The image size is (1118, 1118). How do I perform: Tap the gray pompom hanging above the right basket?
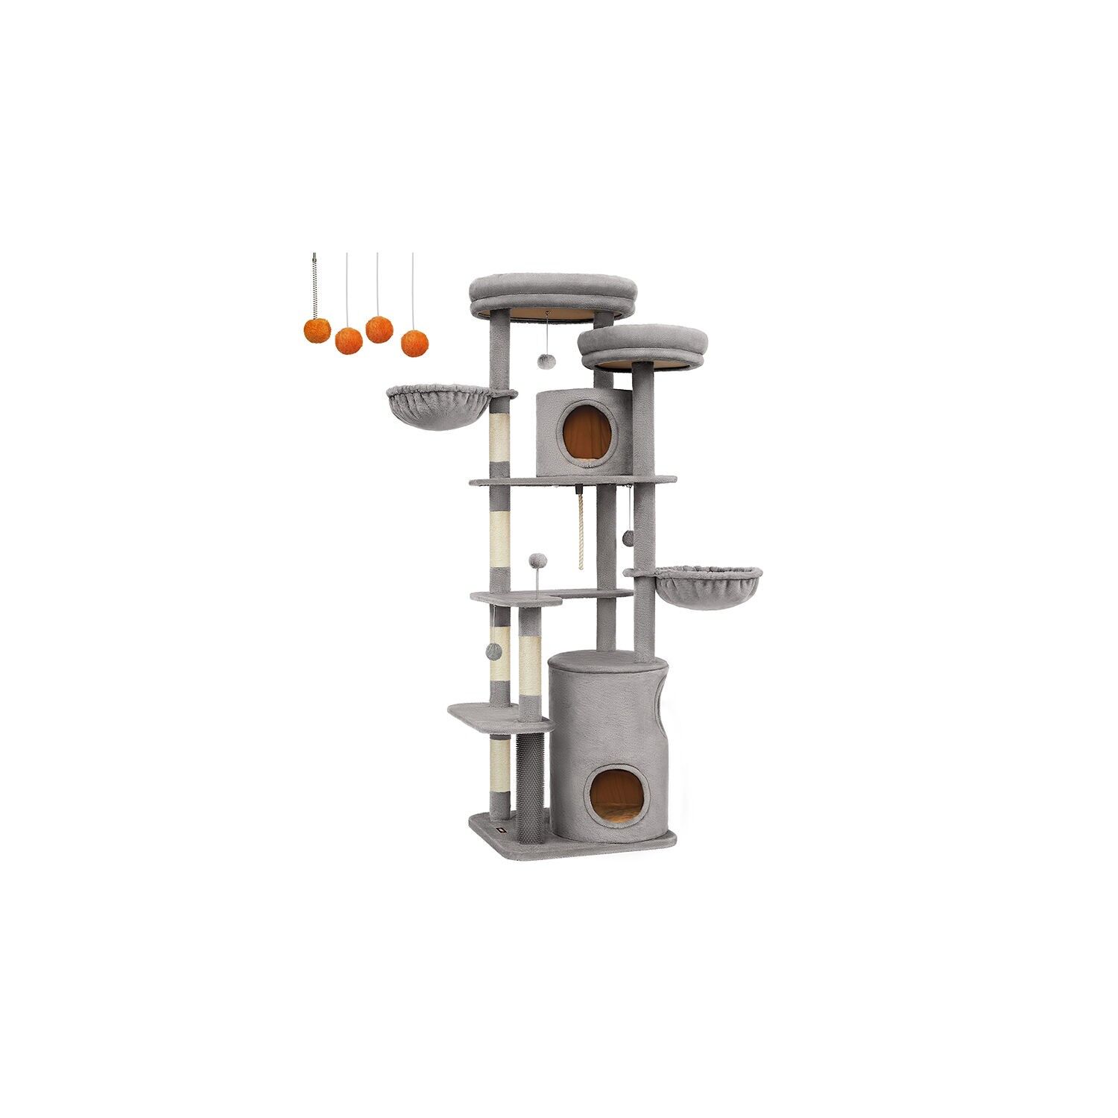(628, 537)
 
